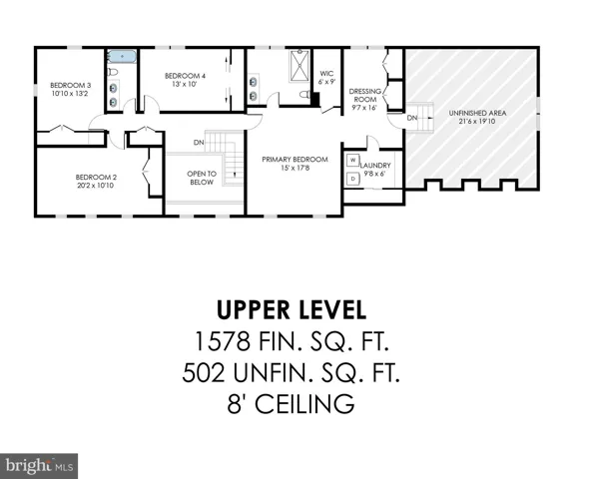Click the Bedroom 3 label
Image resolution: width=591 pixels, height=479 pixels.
pos(71,85)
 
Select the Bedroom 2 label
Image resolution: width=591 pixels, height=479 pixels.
pos(96,177)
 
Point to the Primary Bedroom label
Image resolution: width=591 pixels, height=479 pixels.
pos(295,160)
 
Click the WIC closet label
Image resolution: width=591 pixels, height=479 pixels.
pos(326,74)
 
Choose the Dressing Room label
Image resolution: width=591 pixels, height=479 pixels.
pos(364,96)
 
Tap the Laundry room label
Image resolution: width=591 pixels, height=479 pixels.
pos(375,166)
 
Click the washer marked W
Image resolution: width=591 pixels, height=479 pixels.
pos(352,161)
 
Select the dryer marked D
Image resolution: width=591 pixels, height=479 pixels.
pos(352,179)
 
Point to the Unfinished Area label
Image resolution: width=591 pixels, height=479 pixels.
pos(477,113)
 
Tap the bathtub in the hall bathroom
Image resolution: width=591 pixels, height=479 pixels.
pos(122,57)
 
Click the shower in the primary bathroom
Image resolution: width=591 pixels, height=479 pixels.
pos(299,66)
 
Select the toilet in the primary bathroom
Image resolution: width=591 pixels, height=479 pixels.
pos(304,94)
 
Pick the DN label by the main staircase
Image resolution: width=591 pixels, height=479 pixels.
pos(199,143)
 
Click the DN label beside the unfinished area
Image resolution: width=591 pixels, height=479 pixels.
pos(412,118)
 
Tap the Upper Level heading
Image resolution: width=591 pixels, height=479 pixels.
pos(292,310)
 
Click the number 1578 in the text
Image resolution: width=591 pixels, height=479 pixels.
pos(222,341)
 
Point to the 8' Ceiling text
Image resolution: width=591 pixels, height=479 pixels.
pos(291,404)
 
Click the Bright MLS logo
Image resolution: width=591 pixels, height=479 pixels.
pos(39,466)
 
